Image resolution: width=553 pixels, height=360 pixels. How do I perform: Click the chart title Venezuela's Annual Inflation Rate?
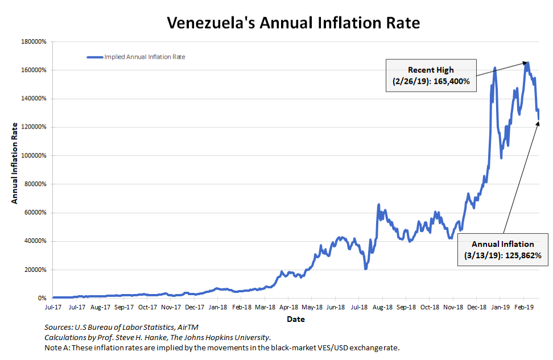pyautogui.click(x=294, y=23)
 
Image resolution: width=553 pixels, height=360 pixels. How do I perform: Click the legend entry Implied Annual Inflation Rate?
pyautogui.click(x=145, y=57)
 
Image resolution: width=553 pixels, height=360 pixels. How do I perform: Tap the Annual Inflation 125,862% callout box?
pyautogui.click(x=502, y=250)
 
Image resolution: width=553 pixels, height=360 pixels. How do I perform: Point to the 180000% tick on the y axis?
pyautogui.click(x=34, y=42)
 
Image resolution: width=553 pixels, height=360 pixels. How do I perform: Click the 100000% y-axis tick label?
pyautogui.click(x=34, y=156)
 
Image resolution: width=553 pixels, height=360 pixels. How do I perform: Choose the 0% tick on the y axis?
pyautogui.click(x=42, y=298)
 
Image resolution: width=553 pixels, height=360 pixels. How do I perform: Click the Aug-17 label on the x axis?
pyautogui.click(x=100, y=307)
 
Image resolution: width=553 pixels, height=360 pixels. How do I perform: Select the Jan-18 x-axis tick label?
pyautogui.click(x=218, y=307)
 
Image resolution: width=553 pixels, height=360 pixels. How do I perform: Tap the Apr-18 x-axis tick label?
pyautogui.click(x=288, y=307)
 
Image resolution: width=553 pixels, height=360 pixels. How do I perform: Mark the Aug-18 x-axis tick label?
pyautogui.click(x=382, y=307)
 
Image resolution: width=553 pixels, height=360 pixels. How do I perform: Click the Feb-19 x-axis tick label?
pyautogui.click(x=523, y=307)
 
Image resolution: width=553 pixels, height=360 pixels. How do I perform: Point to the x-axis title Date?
pyautogui.click(x=296, y=319)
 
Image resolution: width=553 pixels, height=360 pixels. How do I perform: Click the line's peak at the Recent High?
pyautogui.click(x=527, y=63)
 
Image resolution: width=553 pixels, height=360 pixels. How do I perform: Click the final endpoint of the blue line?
pyautogui.click(x=539, y=119)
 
